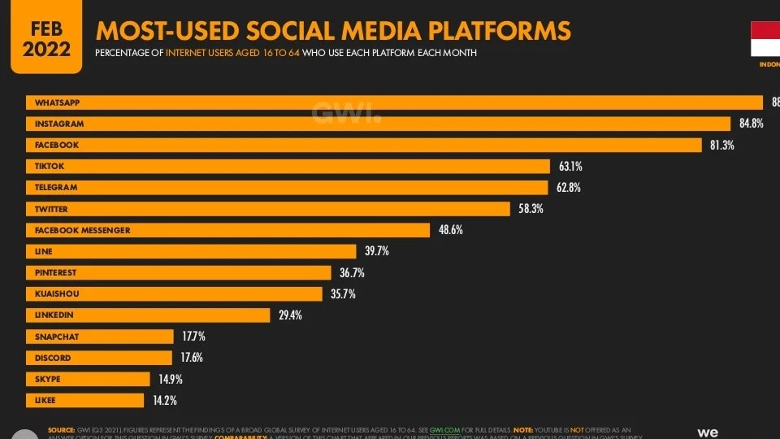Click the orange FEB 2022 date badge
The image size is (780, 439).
click(x=41, y=37)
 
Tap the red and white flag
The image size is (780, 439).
click(x=765, y=39)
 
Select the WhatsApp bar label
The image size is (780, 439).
click(x=57, y=102)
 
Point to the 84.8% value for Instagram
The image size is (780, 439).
click(x=752, y=124)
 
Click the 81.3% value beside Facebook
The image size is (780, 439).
click(x=722, y=145)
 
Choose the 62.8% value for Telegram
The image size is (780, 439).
click(x=570, y=188)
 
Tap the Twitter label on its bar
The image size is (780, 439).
click(x=51, y=209)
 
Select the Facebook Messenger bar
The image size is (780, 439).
click(x=227, y=230)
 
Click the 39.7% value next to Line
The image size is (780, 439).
click(x=376, y=251)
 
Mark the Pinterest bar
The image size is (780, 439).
click(x=178, y=272)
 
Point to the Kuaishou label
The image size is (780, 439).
click(x=57, y=293)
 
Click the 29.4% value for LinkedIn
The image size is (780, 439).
click(x=290, y=315)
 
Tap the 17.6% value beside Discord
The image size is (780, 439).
click(x=192, y=358)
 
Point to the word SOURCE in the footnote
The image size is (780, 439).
click(x=61, y=429)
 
